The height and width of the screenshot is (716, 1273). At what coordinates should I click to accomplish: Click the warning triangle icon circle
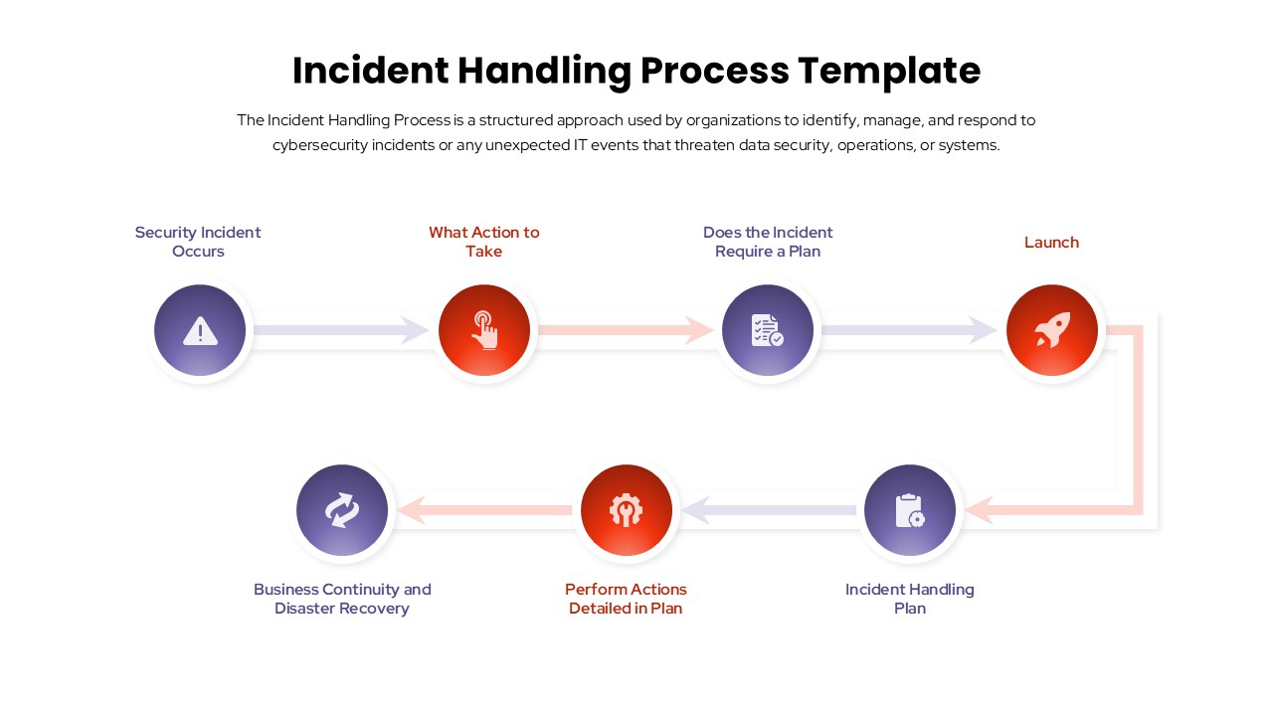click(200, 330)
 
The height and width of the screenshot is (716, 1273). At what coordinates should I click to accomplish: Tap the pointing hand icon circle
click(484, 330)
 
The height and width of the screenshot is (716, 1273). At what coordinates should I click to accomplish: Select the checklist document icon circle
click(768, 330)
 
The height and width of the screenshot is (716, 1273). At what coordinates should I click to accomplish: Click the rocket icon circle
click(1052, 330)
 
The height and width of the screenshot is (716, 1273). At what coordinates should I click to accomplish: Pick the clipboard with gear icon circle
click(910, 510)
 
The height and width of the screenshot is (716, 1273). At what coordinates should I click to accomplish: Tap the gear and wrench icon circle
click(627, 510)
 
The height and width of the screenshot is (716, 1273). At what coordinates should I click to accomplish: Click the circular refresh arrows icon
click(342, 510)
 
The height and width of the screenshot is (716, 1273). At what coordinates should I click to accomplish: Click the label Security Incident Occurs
click(198, 242)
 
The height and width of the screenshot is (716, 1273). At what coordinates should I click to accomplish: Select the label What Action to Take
click(484, 242)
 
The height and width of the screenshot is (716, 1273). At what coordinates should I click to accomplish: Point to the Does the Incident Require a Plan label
click(768, 242)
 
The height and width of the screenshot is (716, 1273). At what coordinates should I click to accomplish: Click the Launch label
click(1051, 243)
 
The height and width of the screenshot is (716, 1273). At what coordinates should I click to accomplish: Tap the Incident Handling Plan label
click(910, 599)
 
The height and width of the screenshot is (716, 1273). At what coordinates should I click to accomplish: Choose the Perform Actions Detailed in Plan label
click(626, 599)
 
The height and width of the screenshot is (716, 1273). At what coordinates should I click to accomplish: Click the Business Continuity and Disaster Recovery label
click(342, 599)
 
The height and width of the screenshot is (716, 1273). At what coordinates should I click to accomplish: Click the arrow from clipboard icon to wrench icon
click(769, 510)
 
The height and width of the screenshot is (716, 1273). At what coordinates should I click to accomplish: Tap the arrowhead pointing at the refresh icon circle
click(413, 510)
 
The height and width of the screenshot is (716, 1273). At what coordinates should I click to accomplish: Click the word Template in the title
click(889, 71)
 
